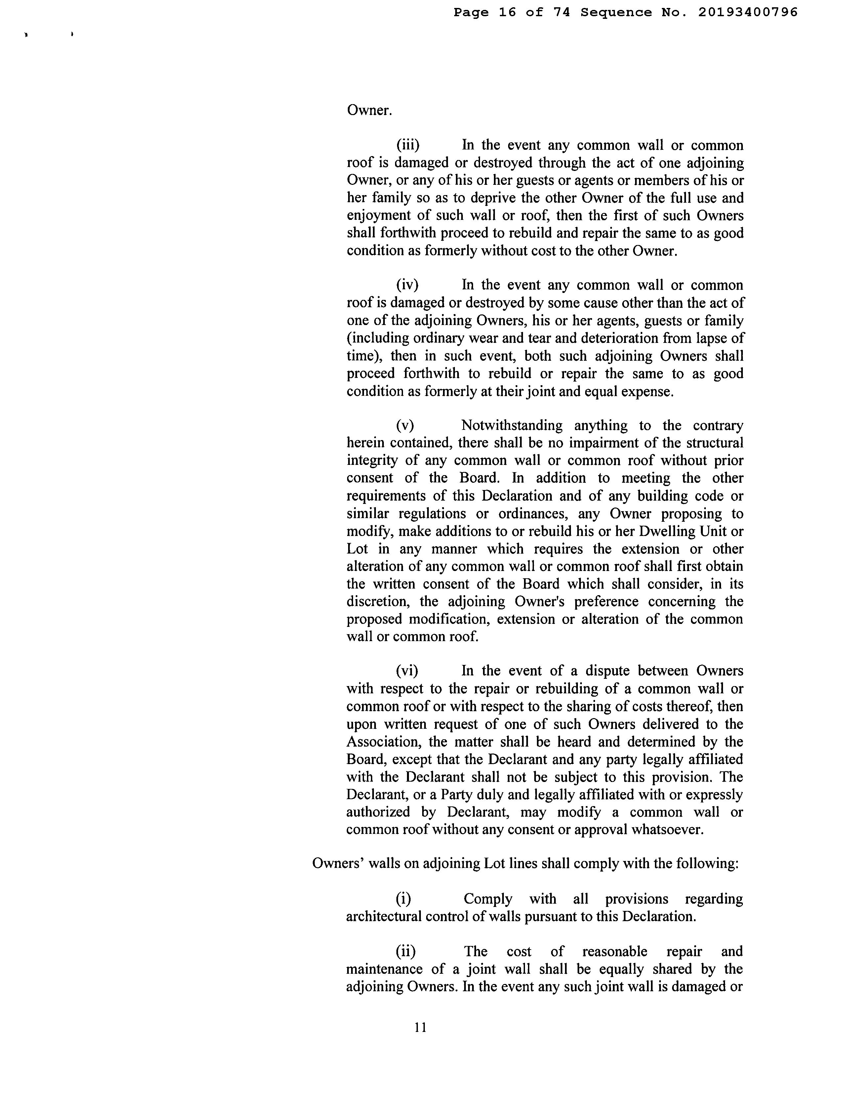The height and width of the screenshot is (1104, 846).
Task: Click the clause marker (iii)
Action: (408, 145)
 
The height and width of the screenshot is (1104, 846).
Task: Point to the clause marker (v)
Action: (405, 426)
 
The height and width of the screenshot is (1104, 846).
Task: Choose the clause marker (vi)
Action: (407, 671)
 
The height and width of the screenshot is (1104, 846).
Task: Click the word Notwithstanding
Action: (512, 426)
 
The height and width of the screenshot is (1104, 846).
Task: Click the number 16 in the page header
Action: (507, 12)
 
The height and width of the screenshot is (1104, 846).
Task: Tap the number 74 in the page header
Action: (561, 12)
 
